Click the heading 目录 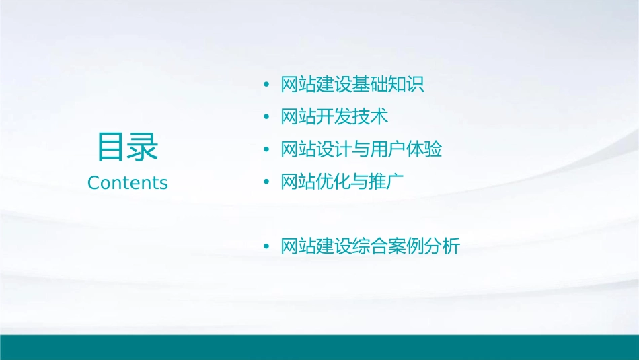tap(128, 147)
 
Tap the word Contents tap(128, 183)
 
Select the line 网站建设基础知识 tap(352, 85)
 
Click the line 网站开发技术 tap(334, 116)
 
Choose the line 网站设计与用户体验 tap(361, 149)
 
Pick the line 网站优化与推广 tap(343, 181)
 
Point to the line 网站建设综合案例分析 tap(370, 246)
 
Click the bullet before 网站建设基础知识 tap(266, 85)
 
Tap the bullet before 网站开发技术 tap(266, 117)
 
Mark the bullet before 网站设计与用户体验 tap(266, 149)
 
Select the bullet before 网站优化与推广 tap(266, 182)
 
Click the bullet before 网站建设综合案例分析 tap(266, 247)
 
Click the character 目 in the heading tap(112, 147)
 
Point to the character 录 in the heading tap(143, 147)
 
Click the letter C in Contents tap(93, 183)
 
